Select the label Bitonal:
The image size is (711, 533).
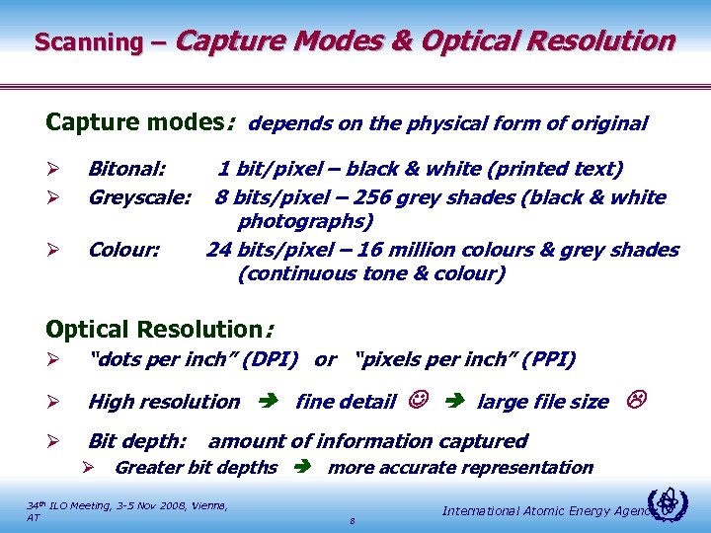pos(127,170)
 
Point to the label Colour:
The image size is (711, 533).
pos(123,250)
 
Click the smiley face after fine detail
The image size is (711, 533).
pos(414,401)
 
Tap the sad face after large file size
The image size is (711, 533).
pos(637,400)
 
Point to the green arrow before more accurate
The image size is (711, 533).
pos(302,468)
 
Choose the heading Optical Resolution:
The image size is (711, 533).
pos(159,330)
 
